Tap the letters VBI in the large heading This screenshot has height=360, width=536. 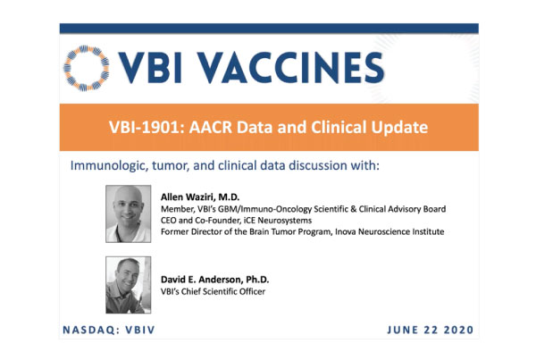click(150, 68)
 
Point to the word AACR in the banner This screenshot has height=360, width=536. click(211, 127)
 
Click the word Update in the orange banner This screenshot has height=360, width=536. click(399, 128)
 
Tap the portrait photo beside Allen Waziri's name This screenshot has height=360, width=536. click(128, 213)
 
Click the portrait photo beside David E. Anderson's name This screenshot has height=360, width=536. click(128, 285)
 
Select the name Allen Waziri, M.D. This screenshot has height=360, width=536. click(200, 197)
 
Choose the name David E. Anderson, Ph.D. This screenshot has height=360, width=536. click(214, 280)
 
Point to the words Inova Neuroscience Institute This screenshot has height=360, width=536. click(389, 231)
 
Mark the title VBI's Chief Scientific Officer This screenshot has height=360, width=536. click(213, 291)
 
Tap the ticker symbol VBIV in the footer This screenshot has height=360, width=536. click(140, 330)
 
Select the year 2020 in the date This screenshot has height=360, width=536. click(458, 330)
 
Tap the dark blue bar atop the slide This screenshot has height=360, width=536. click(269, 29)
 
